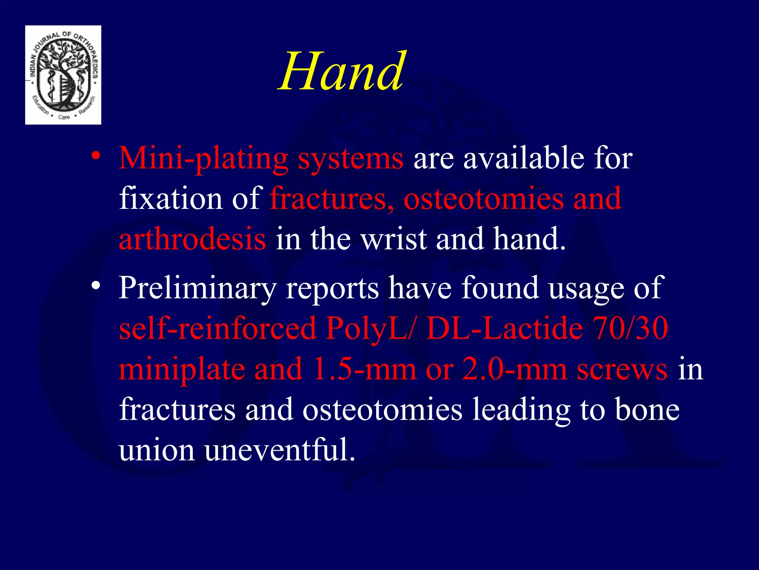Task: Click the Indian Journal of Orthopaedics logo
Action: click(x=63, y=75)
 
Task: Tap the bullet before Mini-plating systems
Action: click(x=96, y=156)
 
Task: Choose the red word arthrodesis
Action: click(x=192, y=239)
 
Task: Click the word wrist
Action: click(x=394, y=239)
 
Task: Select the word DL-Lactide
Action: click(x=504, y=329)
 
